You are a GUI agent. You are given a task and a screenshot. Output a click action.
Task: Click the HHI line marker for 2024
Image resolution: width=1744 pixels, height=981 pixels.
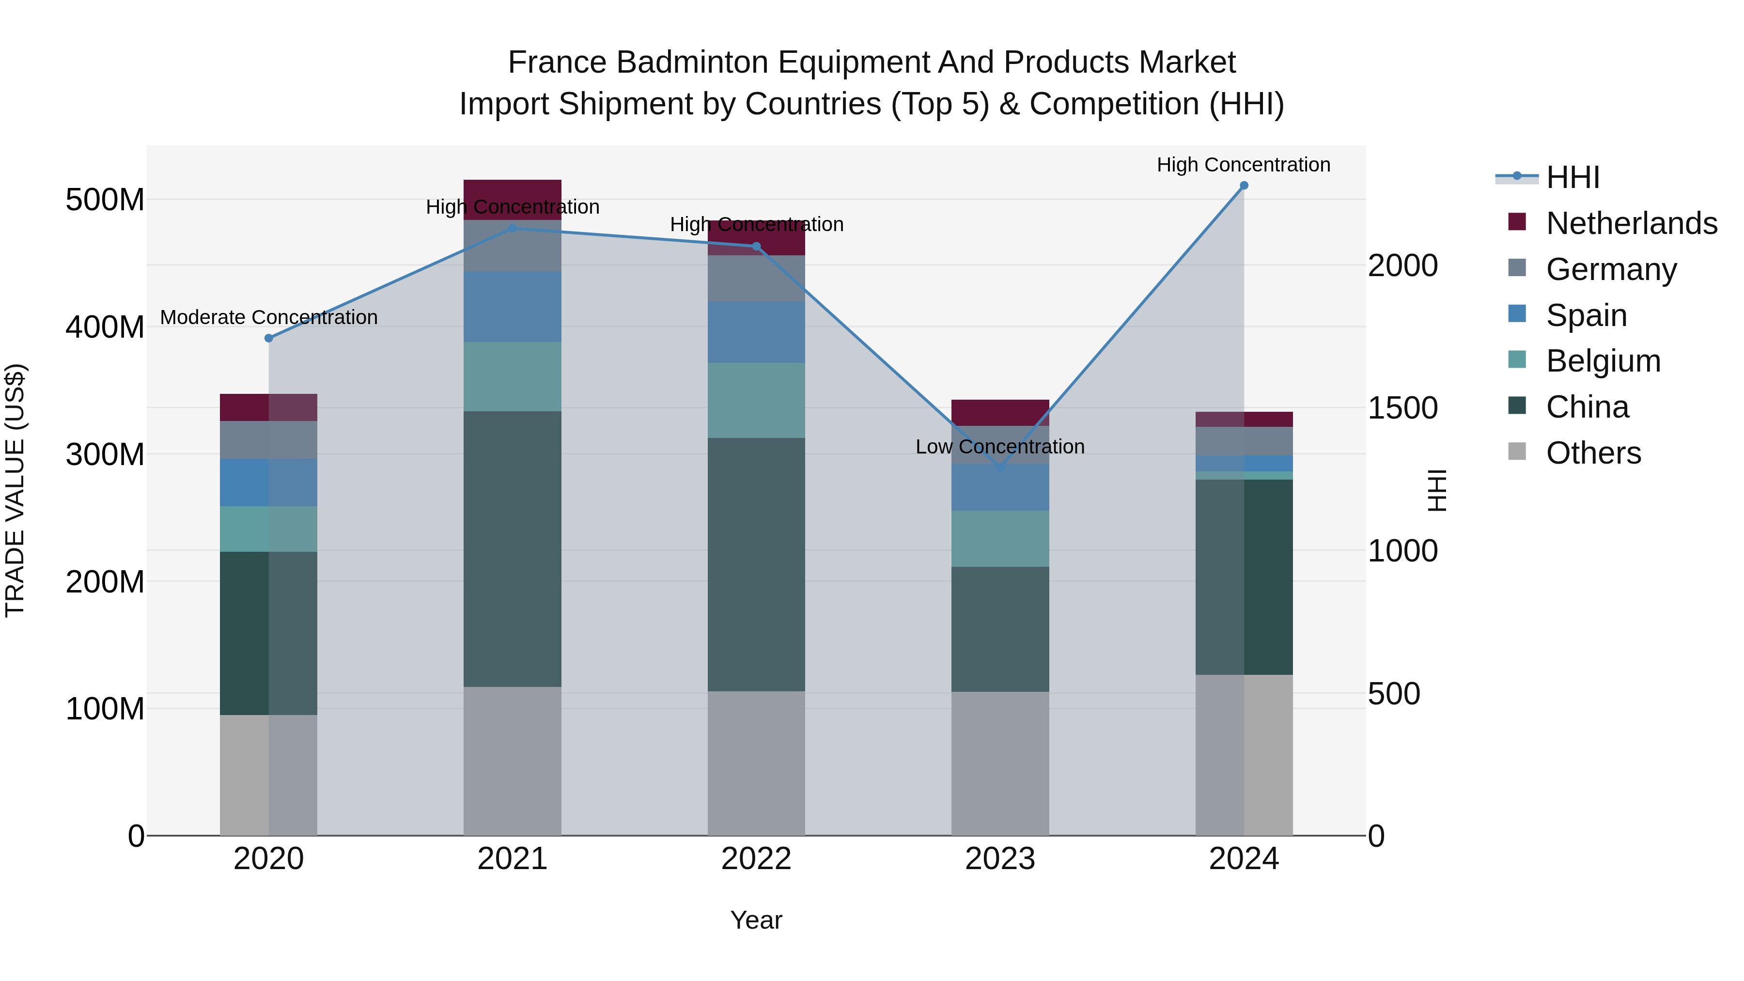[1244, 186]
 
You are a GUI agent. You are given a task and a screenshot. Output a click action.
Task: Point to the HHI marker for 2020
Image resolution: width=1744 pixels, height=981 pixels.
[269, 338]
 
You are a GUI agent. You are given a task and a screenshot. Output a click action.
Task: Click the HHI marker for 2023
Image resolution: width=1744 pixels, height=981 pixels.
[1000, 467]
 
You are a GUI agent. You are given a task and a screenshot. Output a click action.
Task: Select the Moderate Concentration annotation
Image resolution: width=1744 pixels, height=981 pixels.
[269, 317]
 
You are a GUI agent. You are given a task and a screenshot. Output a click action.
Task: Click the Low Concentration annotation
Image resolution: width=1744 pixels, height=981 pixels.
[1000, 447]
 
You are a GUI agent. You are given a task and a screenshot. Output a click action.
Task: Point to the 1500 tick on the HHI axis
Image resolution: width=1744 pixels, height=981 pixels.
[1402, 408]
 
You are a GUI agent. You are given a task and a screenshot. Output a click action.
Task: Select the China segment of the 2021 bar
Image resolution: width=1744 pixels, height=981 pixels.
[513, 548]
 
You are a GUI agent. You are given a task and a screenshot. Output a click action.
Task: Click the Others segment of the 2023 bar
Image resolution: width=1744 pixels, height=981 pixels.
[1000, 763]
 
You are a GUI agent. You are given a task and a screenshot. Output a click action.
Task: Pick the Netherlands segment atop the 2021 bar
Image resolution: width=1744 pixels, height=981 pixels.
[513, 189]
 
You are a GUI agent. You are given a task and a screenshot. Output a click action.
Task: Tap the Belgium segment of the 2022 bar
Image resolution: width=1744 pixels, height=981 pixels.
[756, 400]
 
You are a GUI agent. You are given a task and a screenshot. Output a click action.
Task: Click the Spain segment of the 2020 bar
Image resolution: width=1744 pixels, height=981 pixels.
[269, 482]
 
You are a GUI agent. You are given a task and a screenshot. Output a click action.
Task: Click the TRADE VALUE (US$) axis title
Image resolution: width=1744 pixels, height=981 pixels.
[15, 490]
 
